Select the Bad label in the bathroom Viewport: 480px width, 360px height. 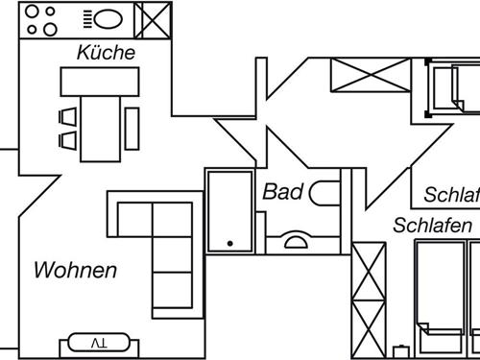tap(282, 192)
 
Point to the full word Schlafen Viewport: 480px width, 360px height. tap(432, 227)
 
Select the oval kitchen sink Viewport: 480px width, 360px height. tap(106, 18)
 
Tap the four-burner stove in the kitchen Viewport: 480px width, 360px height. tap(41, 18)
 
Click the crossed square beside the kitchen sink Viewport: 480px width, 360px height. tap(151, 18)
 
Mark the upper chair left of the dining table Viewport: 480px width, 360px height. tap(68, 117)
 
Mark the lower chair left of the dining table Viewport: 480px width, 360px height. tap(68, 140)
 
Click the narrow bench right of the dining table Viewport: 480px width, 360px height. tap(132, 127)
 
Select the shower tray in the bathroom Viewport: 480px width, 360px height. tap(228, 210)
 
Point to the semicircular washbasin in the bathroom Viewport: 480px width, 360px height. tap(296, 239)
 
